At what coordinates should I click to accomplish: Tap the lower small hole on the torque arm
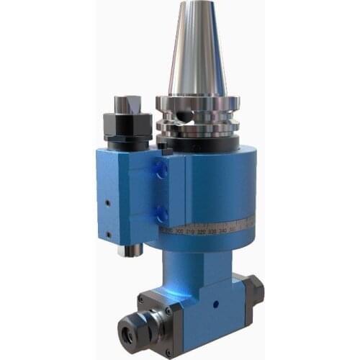pyautogui.click(x=109, y=234)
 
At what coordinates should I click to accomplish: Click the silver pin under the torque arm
pyautogui.click(x=131, y=251)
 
